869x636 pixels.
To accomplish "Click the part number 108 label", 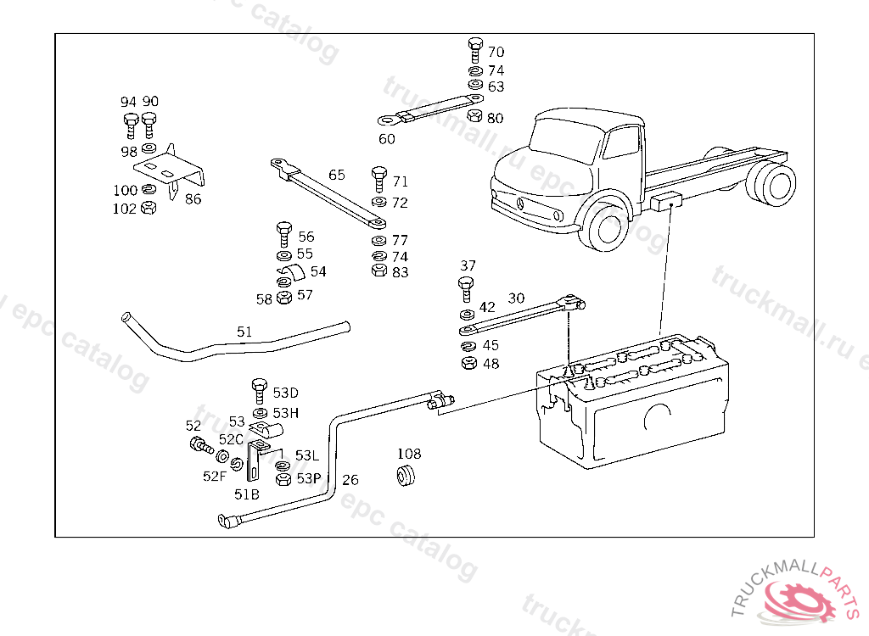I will [409, 455].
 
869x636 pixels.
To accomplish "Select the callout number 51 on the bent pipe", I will [244, 332].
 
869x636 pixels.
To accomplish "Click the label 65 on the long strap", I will [337, 175].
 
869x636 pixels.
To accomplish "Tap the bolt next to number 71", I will [379, 180].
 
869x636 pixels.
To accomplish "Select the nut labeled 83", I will [379, 271].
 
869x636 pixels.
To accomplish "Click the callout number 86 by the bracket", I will [193, 199].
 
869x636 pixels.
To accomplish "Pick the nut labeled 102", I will [147, 207].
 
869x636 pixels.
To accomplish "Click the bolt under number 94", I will [130, 126].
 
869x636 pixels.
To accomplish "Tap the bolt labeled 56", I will [284, 234].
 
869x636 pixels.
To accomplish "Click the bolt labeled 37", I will [466, 287].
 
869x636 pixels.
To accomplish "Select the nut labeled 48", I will [467, 364].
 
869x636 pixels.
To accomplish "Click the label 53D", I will [285, 393].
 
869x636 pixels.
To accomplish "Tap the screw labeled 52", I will [199, 444].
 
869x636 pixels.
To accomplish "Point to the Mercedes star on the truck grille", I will [519, 204].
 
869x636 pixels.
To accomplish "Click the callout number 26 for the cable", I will [350, 480].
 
